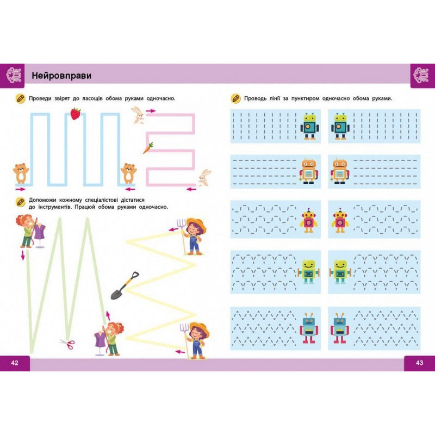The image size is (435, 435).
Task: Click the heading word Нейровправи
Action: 61,75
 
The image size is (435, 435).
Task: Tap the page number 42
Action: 15,363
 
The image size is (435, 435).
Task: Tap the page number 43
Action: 419,363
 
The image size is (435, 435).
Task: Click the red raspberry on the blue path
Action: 75,114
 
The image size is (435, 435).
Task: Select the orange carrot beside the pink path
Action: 147,147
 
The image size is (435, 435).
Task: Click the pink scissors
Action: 67,344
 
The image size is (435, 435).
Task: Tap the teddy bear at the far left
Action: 21,172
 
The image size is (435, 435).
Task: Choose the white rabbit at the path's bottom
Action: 204,177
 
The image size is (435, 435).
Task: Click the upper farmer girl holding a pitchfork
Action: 194,235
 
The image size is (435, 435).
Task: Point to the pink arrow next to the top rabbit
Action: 151,110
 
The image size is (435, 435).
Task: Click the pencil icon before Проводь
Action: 235,98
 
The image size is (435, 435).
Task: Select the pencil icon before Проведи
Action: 20,98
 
